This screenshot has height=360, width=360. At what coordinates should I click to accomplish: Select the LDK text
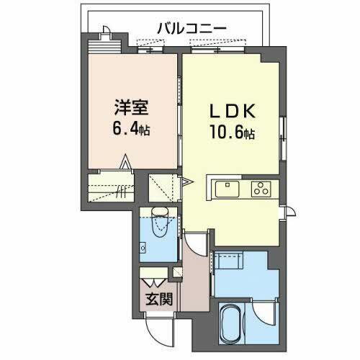click(230, 113)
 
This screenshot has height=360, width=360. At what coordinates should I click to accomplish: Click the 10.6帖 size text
click(230, 134)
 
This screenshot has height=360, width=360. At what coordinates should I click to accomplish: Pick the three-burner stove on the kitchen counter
click(259, 189)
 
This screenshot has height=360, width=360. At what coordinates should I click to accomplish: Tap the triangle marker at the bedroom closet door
click(125, 163)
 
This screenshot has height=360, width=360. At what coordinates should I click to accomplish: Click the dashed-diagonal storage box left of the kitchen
click(165, 189)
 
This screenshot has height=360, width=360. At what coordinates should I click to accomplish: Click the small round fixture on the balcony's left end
click(106, 30)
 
